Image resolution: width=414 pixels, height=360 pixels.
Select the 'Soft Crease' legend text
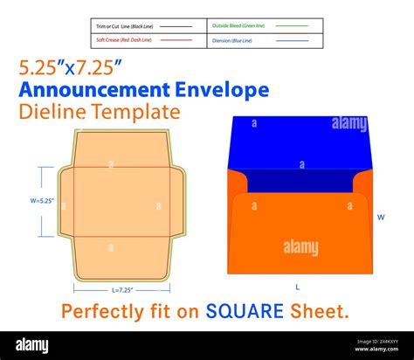123,40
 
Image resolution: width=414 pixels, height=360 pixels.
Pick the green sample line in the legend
292,27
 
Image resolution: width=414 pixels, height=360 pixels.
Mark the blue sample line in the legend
292,40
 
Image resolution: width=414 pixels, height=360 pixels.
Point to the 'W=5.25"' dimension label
41,201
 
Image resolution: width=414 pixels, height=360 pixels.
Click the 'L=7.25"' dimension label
121,289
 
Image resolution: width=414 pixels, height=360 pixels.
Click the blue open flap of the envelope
297,144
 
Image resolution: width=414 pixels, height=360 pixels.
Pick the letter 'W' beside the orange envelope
380,217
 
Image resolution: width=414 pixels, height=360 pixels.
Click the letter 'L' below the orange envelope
297,287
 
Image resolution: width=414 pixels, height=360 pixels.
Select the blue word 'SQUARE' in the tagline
245,311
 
